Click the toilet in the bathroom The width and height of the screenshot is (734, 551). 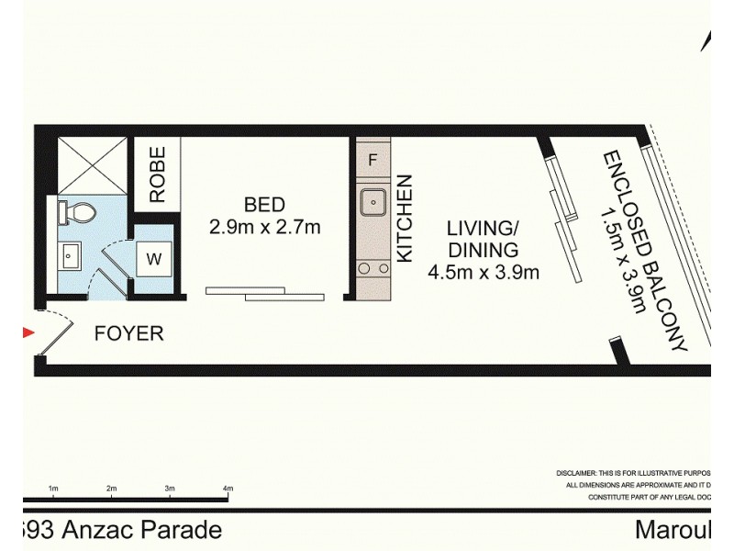[78, 213]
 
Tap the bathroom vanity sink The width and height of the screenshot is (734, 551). [70, 253]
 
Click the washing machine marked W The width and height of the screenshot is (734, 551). [153, 259]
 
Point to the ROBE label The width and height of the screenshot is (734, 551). [158, 174]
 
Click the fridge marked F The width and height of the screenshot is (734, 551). [373, 159]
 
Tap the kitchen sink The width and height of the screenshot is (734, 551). [373, 199]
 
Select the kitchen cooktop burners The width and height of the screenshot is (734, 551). [373, 269]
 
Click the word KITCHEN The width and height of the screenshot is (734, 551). [405, 219]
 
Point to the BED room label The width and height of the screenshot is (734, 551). [264, 204]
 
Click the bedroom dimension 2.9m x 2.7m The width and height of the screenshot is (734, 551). [264, 227]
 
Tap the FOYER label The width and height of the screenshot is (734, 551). [129, 333]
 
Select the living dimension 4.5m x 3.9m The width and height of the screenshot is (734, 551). [483, 272]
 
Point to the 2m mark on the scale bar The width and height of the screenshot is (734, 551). [111, 488]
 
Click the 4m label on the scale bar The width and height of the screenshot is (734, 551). [228, 488]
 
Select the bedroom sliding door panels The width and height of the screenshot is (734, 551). [265, 293]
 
